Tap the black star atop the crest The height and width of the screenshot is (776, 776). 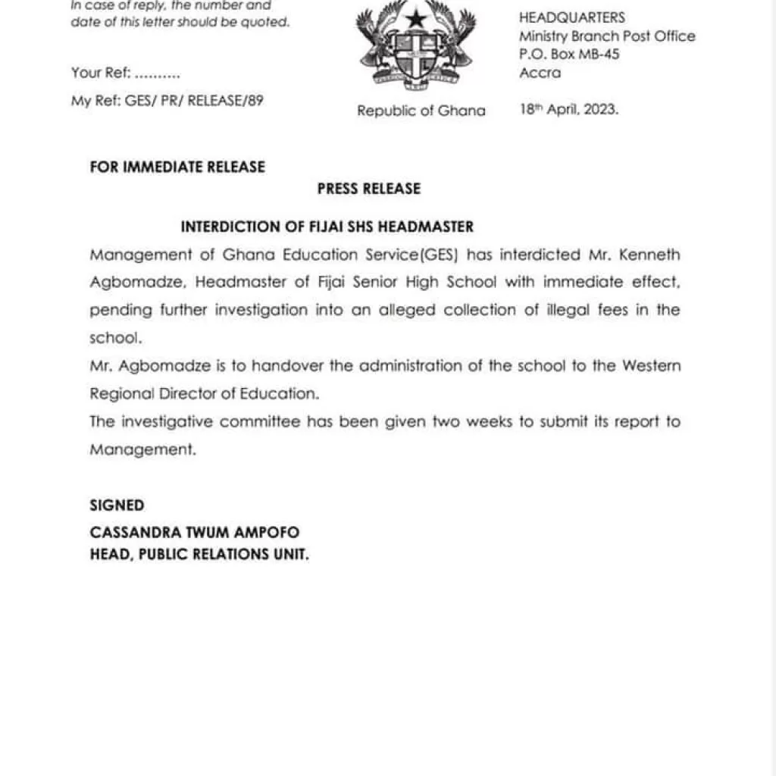pyautogui.click(x=415, y=17)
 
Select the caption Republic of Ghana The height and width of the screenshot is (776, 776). pyautogui.click(x=421, y=111)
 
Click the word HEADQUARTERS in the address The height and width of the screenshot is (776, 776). pyautogui.click(x=572, y=17)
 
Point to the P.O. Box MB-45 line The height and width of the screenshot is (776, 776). pyautogui.click(x=569, y=55)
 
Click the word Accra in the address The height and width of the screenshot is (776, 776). pyautogui.click(x=540, y=73)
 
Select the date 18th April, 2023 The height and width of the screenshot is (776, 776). pyautogui.click(x=569, y=109)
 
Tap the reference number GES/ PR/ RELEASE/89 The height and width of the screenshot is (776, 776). pyautogui.click(x=192, y=100)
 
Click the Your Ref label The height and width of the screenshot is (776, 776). pyautogui.click(x=101, y=74)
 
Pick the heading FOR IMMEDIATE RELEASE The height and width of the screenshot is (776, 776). pyautogui.click(x=177, y=167)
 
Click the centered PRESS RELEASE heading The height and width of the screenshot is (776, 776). pyautogui.click(x=369, y=189)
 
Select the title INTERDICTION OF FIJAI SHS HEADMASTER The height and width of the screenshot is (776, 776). pyautogui.click(x=327, y=227)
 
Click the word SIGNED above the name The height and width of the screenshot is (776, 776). pyautogui.click(x=117, y=505)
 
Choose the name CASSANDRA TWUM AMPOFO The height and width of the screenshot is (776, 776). pyautogui.click(x=195, y=533)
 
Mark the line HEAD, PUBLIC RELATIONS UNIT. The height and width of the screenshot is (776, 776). pyautogui.click(x=199, y=555)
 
